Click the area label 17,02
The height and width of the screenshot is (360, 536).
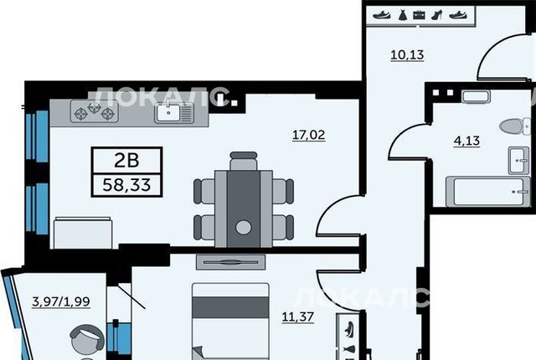point(309,135)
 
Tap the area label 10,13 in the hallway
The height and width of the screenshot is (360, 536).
point(407,54)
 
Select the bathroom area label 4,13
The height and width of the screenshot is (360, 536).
point(467,141)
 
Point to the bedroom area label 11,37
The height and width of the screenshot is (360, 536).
point(298,316)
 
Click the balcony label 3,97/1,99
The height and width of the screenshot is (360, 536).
point(61,301)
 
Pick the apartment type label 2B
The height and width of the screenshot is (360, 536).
point(126,160)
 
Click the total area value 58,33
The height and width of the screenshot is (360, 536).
point(126,185)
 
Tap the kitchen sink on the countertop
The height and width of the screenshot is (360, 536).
point(174,112)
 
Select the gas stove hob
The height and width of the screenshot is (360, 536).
point(95,111)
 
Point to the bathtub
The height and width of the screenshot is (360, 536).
point(486,192)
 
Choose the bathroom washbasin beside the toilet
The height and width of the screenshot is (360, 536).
point(518,160)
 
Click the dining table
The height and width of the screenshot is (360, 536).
point(244,208)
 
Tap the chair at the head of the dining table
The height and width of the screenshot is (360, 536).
point(244,161)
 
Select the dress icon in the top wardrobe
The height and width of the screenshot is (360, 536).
point(401,15)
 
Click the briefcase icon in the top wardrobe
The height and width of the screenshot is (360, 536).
point(419,15)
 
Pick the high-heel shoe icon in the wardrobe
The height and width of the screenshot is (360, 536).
point(437,15)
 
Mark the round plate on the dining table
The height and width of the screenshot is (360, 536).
point(244,227)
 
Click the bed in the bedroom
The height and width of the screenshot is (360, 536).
point(230,321)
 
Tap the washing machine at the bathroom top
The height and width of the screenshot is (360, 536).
point(476,96)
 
